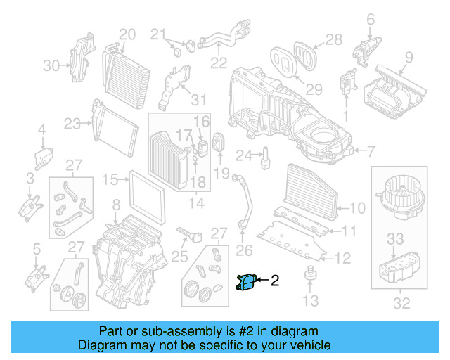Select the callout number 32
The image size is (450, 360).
click(401, 304)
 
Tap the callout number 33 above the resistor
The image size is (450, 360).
click(396, 238)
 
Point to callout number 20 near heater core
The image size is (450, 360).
click(127, 34)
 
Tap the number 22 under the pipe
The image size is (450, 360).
click(219, 63)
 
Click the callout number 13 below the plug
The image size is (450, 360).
click(310, 302)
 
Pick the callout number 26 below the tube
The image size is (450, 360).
click(243, 250)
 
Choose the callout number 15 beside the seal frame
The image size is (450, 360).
click(110, 180)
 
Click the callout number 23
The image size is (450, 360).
click(72, 124)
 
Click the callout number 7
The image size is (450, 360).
click(371, 150)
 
